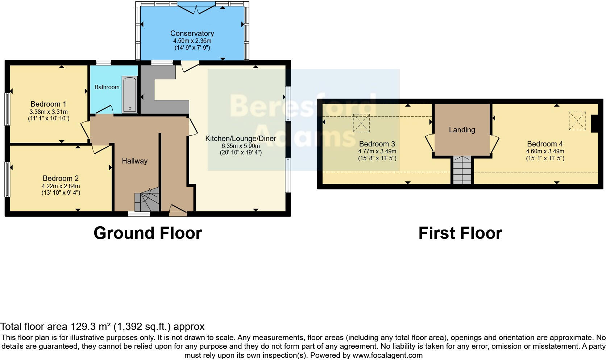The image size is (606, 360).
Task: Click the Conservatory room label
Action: pos(192,33)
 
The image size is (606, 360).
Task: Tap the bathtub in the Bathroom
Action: pos(129,94)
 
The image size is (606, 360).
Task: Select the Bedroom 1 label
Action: pos(48,104)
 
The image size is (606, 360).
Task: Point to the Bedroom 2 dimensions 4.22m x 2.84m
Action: pos(61,186)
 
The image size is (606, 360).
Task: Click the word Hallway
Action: pos(134,161)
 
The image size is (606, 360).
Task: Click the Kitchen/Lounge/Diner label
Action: pos(241,138)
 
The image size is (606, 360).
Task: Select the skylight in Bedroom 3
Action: pos(361,123)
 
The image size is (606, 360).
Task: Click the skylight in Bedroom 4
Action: pos(577,121)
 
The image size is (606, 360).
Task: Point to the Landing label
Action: pos(462,130)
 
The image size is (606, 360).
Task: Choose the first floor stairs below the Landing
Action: pos(462,170)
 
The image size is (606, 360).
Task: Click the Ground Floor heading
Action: pos(148,233)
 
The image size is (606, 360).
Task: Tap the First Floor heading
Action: pos(460,233)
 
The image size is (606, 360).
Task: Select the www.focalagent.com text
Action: pos(387,355)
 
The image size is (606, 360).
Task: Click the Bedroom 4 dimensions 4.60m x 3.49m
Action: pos(545,151)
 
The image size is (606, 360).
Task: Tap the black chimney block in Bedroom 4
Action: pos(594,124)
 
